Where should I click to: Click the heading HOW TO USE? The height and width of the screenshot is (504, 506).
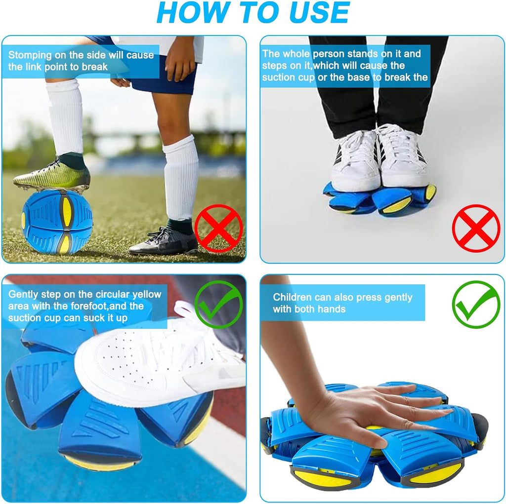(253, 14)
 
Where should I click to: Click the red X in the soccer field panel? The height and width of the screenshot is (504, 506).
(218, 228)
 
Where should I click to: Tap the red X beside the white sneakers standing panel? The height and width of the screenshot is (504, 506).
(476, 228)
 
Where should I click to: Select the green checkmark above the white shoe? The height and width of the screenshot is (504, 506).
(218, 304)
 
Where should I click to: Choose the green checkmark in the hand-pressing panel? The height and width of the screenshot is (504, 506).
(476, 304)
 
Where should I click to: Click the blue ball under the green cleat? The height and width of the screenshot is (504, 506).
(56, 222)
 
